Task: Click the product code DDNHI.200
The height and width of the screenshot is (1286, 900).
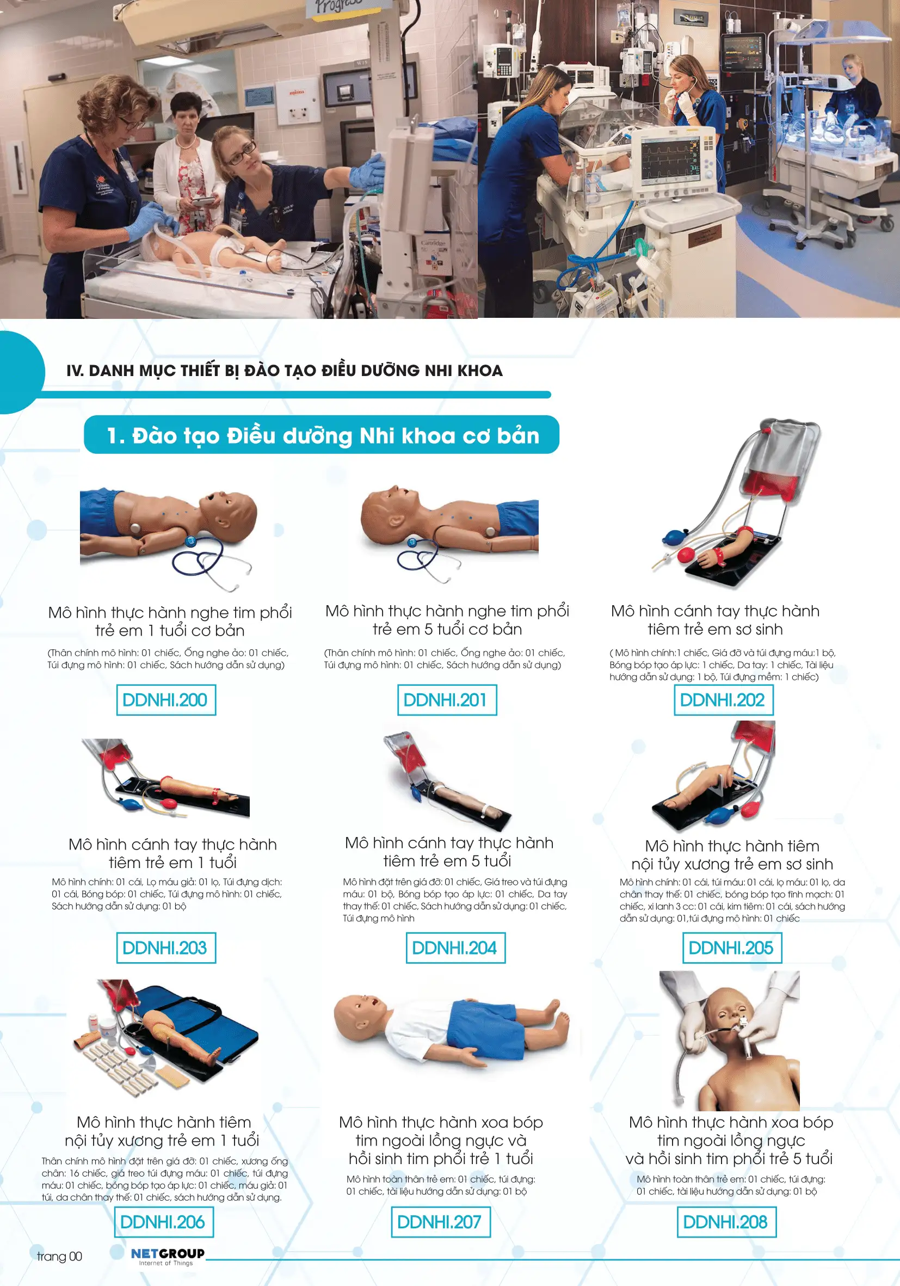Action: click(166, 699)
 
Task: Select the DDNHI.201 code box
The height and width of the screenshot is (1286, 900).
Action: click(447, 699)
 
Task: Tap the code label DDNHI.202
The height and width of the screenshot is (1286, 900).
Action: click(723, 699)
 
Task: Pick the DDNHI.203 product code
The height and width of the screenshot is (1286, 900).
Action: click(166, 947)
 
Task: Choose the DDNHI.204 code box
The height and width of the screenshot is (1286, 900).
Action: click(455, 947)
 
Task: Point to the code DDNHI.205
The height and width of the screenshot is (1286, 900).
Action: click(731, 947)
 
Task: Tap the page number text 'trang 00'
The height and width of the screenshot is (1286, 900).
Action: click(59, 1256)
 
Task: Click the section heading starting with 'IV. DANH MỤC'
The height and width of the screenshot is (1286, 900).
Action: click(284, 371)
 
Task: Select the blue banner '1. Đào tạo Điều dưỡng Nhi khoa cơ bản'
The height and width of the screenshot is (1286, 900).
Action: click(322, 435)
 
